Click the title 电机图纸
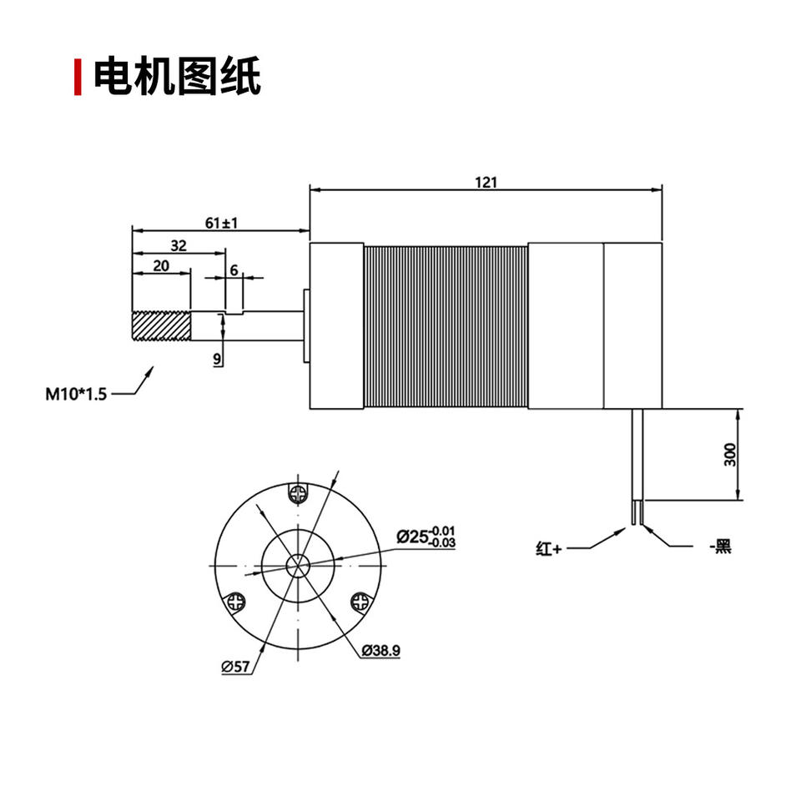click(x=177, y=77)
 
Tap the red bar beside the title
click(x=78, y=77)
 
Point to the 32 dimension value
click(x=178, y=245)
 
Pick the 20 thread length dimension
click(x=161, y=265)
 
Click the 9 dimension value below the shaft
click(x=217, y=359)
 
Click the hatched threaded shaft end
click(x=162, y=326)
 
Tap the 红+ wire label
click(x=550, y=549)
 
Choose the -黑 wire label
click(x=719, y=547)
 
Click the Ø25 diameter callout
click(x=426, y=537)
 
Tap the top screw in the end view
click(x=298, y=493)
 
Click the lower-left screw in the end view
click(x=236, y=601)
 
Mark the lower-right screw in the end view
click(x=360, y=601)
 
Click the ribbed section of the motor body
click(x=446, y=326)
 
